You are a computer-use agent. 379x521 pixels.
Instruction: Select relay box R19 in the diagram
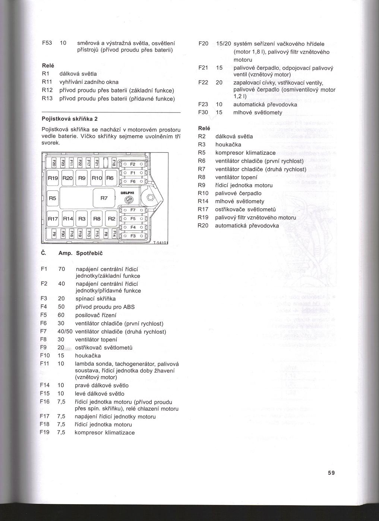pos(53,178)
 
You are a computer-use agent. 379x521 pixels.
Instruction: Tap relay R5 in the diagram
pos(53,198)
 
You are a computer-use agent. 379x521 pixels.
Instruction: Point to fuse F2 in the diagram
pos(133,164)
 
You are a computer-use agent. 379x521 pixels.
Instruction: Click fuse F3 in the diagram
pos(133,236)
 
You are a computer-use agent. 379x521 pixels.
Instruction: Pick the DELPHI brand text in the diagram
pos(127,193)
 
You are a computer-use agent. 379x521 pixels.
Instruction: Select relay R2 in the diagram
pos(111,219)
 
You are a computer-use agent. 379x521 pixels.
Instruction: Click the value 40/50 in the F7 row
pos(65,331)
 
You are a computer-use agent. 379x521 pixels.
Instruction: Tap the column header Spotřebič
pos(89,253)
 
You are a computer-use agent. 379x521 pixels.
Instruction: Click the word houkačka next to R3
pos(228,144)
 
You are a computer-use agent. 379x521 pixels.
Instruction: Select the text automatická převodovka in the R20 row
pos(247,225)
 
